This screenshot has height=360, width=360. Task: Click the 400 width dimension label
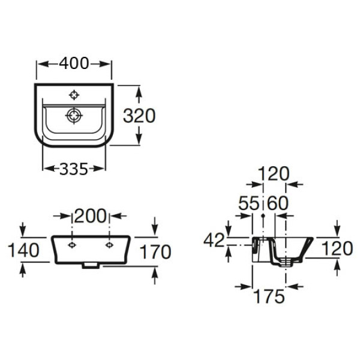click(74, 63)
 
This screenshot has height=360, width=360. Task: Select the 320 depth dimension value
click(139, 116)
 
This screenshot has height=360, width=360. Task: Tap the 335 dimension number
click(74, 169)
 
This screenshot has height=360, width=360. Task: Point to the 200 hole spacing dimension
click(91, 215)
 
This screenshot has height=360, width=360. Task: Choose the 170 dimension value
click(155, 251)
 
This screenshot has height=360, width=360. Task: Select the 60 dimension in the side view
click(277, 204)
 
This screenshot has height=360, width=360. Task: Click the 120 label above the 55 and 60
click(273, 174)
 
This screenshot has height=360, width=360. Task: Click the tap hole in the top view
click(74, 95)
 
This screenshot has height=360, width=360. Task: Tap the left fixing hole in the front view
click(72, 245)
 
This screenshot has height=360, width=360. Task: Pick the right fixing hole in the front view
click(109, 245)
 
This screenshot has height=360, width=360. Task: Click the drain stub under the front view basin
click(91, 265)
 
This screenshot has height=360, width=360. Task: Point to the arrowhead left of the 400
click(41, 63)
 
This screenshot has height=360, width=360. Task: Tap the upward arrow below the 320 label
click(139, 139)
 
